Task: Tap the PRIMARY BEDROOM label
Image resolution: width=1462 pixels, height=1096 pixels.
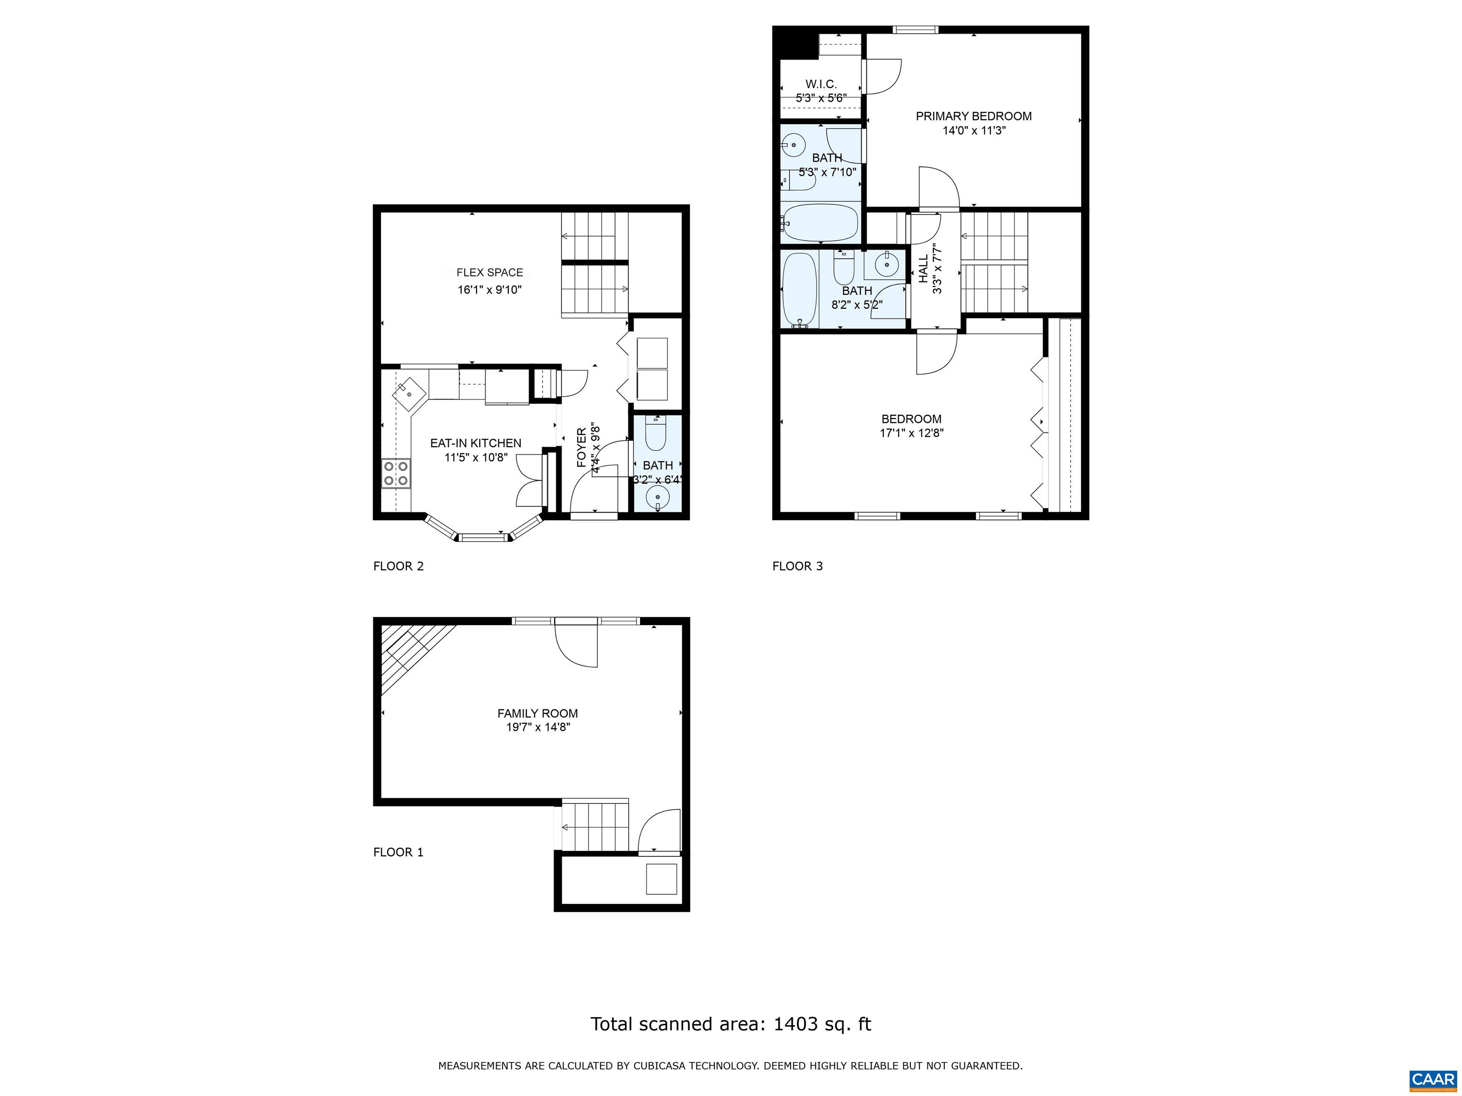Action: click(x=974, y=116)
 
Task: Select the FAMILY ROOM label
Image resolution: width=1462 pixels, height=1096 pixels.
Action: click(x=537, y=714)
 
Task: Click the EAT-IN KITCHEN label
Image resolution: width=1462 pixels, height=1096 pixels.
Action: click(x=476, y=443)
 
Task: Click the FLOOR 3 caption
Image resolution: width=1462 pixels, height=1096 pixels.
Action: click(x=798, y=566)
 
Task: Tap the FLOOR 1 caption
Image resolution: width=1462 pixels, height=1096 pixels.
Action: click(x=398, y=852)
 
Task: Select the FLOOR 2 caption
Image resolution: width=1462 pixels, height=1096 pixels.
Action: click(x=398, y=566)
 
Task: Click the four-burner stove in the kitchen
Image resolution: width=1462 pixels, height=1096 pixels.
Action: click(x=396, y=474)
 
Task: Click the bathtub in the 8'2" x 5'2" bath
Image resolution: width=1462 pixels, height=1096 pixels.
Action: click(x=800, y=290)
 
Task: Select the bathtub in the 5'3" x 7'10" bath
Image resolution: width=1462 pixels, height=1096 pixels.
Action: click(x=820, y=223)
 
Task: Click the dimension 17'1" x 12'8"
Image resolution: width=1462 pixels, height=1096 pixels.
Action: click(x=911, y=433)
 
